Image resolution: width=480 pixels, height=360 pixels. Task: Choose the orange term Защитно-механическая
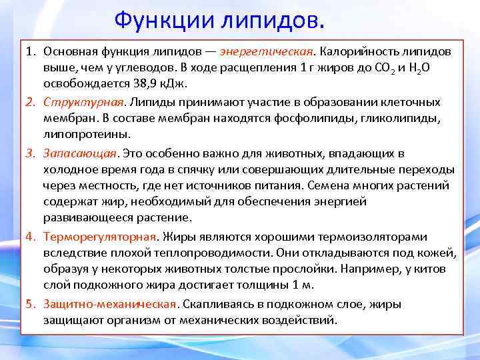tap(111, 304)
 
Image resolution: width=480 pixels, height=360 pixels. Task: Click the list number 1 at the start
tap(30, 51)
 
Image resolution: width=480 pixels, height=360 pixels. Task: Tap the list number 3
tap(30, 154)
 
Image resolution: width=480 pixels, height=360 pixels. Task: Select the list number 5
tap(30, 304)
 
